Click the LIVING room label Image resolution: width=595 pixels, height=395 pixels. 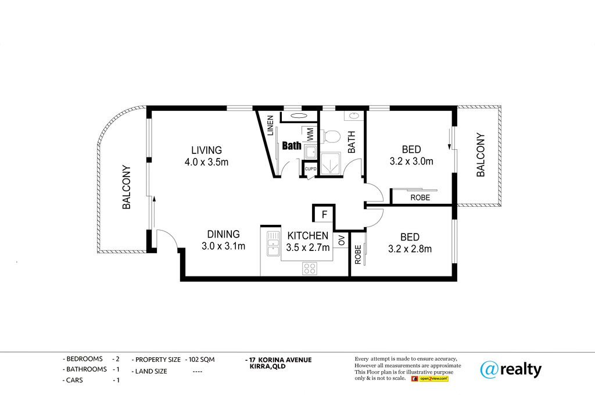[206, 150]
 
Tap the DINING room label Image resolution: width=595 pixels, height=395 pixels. [223, 234]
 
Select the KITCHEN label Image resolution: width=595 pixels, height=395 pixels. [308, 236]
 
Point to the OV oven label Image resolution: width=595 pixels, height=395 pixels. [342, 240]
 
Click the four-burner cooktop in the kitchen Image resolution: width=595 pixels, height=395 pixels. [310, 268]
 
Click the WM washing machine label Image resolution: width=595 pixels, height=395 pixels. [310, 134]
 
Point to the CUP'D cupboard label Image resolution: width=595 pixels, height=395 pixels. [310, 169]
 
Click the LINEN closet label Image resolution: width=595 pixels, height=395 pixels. [270, 125]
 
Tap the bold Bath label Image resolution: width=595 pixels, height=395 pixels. [292, 146]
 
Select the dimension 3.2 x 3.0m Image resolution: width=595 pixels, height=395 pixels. [411, 161]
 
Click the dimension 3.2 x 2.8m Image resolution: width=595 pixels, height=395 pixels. [410, 249]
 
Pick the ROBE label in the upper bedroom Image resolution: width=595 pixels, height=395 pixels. [420, 198]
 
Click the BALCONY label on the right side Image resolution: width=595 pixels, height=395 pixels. [481, 155]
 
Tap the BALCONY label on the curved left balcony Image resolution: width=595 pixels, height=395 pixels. [126, 187]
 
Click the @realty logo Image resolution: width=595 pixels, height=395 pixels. [511, 369]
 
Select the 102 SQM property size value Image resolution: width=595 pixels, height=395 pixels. [202, 360]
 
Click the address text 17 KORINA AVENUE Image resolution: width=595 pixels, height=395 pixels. [281, 360]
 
